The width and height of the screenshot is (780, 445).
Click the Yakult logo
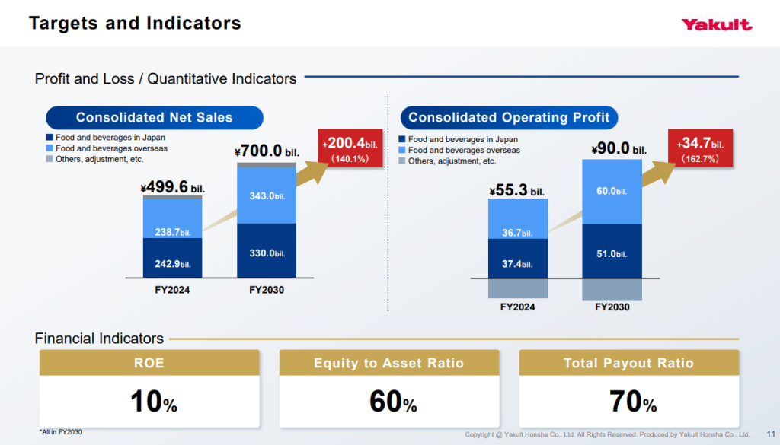[716, 24]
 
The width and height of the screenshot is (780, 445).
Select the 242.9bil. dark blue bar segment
[173, 258]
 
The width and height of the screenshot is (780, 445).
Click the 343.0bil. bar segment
[267, 195]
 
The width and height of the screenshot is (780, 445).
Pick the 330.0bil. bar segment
[267, 250]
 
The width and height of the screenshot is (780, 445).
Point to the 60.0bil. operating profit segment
[612, 192]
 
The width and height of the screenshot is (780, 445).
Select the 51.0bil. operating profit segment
[612, 251]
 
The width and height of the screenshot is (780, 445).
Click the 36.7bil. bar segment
[518, 218]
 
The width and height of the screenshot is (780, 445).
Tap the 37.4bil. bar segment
[518, 259]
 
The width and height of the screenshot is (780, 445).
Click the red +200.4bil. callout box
[350, 148]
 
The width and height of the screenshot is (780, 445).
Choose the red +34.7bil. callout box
[701, 148]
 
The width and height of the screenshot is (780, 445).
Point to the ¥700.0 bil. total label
[267, 151]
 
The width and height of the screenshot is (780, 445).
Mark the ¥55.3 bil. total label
[517, 190]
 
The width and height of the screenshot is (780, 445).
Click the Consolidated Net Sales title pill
[154, 118]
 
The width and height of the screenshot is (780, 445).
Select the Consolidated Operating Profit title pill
[509, 118]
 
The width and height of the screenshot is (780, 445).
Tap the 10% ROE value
[154, 402]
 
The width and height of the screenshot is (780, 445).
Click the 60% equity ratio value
[393, 402]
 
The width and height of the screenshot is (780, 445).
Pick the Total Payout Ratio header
[628, 363]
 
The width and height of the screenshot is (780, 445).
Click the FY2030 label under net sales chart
[267, 290]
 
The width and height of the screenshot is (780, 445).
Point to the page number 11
[771, 434]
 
